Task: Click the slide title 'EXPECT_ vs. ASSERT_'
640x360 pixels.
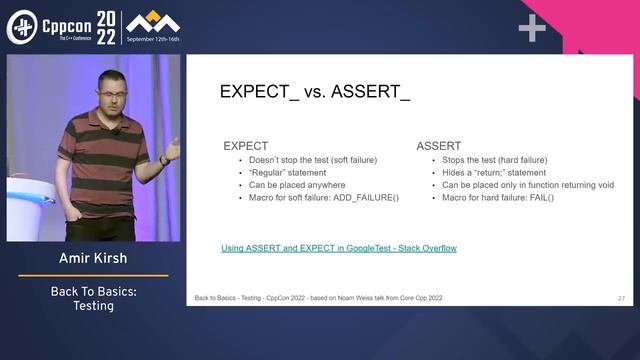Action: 315,93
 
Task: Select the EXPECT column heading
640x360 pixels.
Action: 246,146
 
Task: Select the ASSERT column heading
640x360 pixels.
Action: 439,146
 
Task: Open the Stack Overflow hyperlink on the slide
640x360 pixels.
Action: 338,247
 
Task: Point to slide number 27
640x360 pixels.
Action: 621,298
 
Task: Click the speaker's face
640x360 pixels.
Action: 110,86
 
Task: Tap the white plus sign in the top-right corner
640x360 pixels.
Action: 531,29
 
